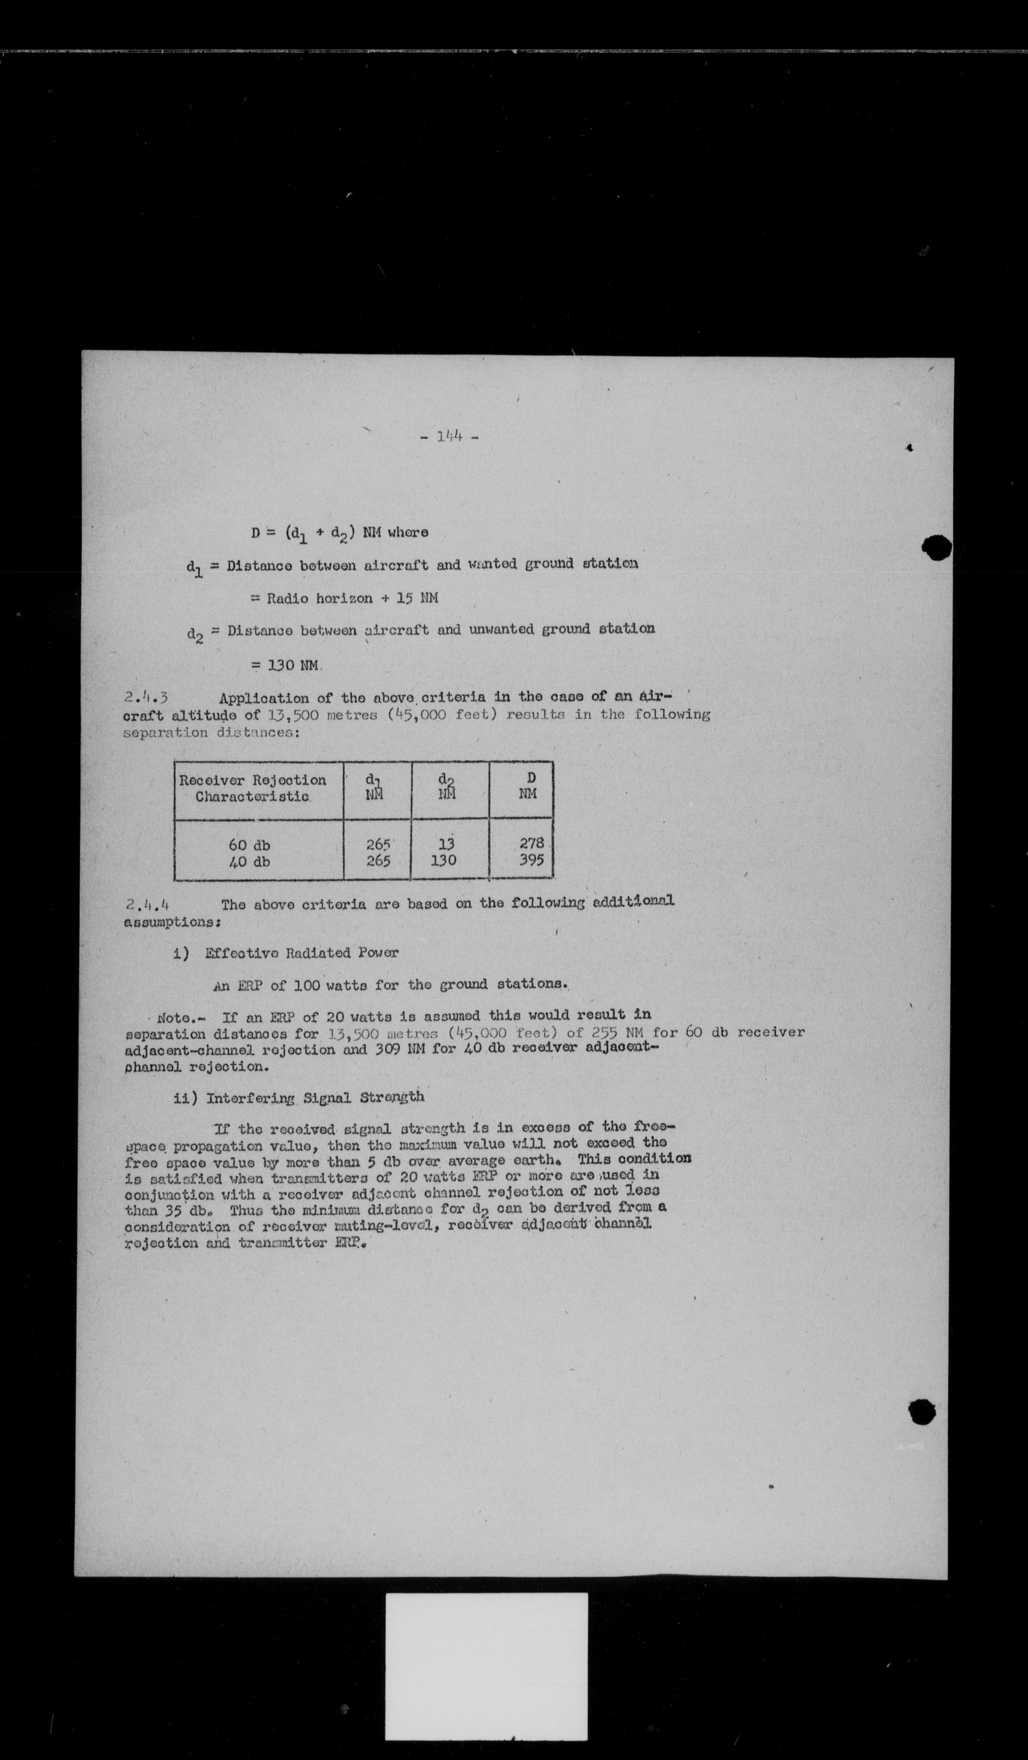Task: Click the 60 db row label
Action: (249, 845)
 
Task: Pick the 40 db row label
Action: (249, 862)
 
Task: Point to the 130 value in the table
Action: (443, 861)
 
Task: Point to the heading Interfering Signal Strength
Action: (314, 1097)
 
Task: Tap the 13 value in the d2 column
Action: (446, 844)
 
